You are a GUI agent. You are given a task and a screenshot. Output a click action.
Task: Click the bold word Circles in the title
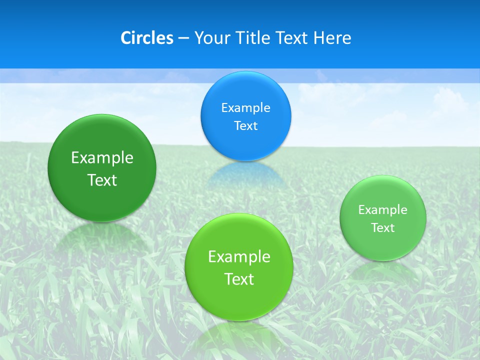146,38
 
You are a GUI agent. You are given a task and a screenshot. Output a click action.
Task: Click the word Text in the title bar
294,38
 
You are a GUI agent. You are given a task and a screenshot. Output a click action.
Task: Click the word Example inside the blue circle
245,107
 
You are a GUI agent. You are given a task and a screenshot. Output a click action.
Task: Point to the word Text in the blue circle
245,125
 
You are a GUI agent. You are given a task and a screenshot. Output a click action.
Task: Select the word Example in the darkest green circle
102,157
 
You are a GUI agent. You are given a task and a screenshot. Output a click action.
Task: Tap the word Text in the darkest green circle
102,180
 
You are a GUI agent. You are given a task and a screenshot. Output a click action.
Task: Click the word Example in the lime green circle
239,256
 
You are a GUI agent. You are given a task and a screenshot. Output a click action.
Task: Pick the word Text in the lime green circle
239,279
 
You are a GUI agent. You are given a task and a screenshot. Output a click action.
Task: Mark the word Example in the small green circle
383,209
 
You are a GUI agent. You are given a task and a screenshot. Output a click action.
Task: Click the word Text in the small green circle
383,228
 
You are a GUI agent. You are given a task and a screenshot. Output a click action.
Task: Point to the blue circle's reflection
245,175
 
